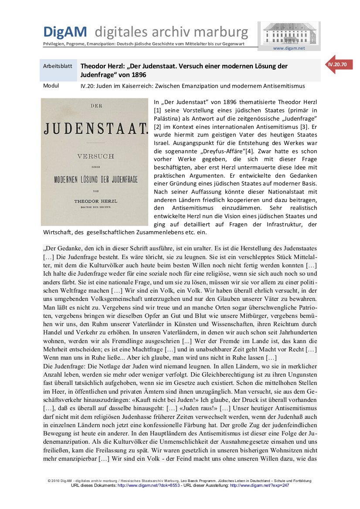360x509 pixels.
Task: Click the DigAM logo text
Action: (65, 31)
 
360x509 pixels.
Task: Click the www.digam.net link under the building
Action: (289, 48)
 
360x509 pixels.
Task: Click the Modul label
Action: (51, 86)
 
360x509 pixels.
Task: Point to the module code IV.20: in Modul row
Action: (88, 86)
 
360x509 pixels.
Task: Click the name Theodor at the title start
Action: (94, 66)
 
